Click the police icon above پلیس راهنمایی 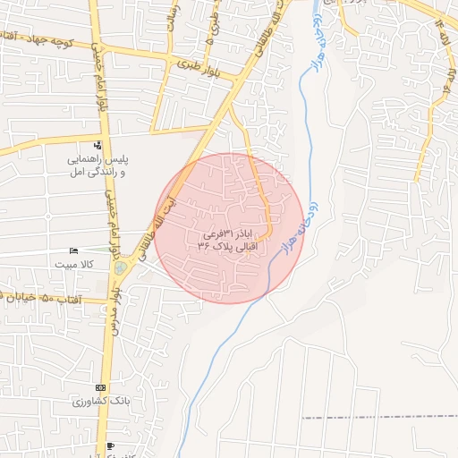point(98,146)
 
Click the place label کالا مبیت point(75,265)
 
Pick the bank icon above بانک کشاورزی point(99,388)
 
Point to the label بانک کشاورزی point(100,402)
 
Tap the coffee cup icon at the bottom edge point(109,446)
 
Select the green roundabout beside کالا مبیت point(121,267)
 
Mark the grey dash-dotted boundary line point(376,417)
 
